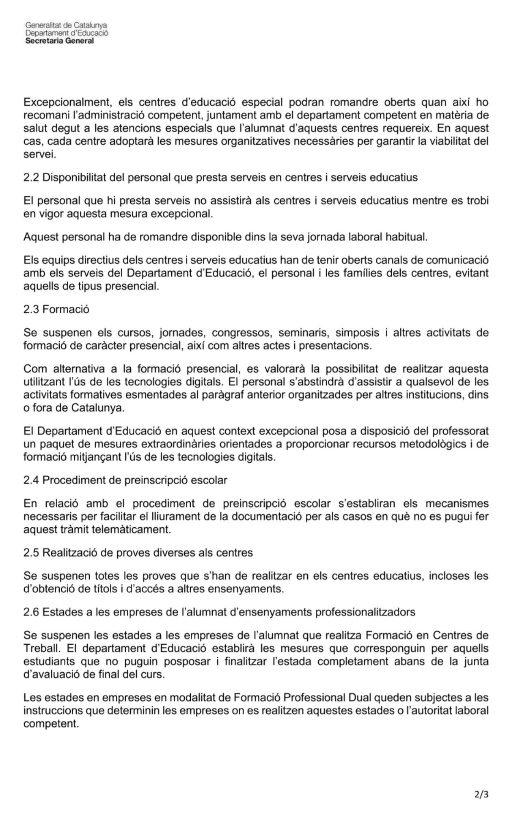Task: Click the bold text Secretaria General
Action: point(59,41)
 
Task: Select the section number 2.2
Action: point(32,178)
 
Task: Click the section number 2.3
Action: point(32,309)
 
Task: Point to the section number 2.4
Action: point(32,480)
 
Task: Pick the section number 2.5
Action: point(32,552)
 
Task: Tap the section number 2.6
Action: point(32,612)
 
